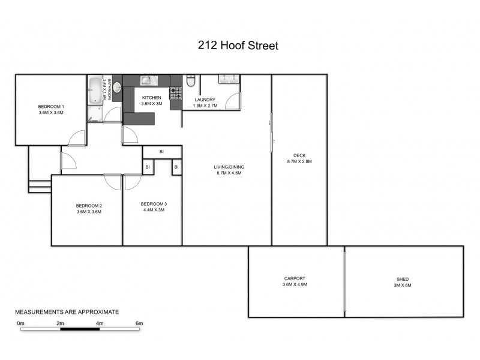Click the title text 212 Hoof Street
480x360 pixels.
tap(238, 46)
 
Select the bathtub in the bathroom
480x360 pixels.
tap(95, 90)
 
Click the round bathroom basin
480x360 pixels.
tap(117, 88)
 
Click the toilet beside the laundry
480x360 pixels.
tap(191, 81)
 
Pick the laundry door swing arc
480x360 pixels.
tap(234, 102)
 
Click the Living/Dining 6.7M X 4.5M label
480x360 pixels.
tap(229, 170)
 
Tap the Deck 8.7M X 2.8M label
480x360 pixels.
tap(299, 158)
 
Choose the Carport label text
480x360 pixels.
tap(295, 278)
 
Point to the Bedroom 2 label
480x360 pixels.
tap(88, 206)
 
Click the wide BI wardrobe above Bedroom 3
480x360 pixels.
tap(161, 152)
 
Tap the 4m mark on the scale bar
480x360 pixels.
tap(100, 324)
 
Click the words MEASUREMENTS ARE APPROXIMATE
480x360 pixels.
tap(67, 312)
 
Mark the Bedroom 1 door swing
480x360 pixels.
tap(77, 138)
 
